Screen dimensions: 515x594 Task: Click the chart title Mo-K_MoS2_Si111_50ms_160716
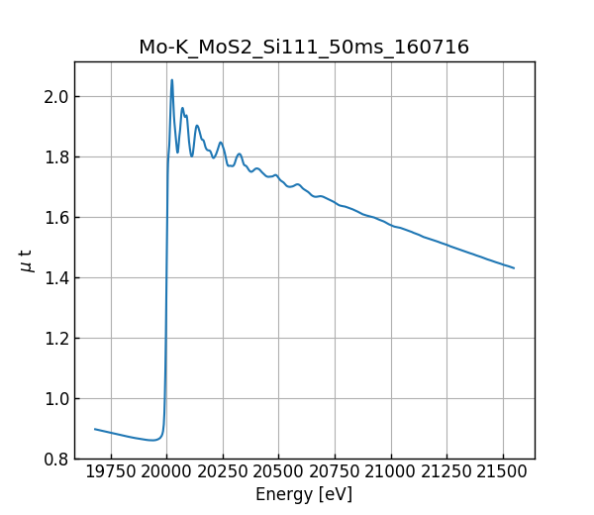pyautogui.click(x=304, y=47)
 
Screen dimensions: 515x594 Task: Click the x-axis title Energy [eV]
pyautogui.click(x=304, y=494)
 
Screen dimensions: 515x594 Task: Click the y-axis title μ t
pyautogui.click(x=27, y=260)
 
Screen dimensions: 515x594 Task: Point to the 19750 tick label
pyautogui.click(x=111, y=471)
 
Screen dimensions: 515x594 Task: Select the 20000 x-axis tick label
pyautogui.click(x=166, y=471)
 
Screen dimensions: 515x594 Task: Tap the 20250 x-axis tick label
pyautogui.click(x=223, y=471)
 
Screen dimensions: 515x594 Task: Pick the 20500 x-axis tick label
pyautogui.click(x=279, y=471)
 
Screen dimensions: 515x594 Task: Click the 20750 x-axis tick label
pyautogui.click(x=335, y=471)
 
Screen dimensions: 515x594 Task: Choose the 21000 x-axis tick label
pyautogui.click(x=391, y=471)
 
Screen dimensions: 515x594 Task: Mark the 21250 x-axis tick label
pyautogui.click(x=447, y=471)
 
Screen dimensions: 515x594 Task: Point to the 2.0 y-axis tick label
pyautogui.click(x=54, y=97)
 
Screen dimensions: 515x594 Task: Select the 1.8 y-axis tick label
pyautogui.click(x=54, y=157)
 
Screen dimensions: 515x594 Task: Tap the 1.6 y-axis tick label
pyautogui.click(x=54, y=218)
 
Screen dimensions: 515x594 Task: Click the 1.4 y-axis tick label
pyautogui.click(x=54, y=278)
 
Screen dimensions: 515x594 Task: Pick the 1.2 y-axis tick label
pyautogui.click(x=54, y=339)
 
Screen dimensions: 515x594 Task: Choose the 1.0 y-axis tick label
pyautogui.click(x=54, y=399)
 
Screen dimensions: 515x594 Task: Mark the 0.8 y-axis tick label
pyautogui.click(x=54, y=460)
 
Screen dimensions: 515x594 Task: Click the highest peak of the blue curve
pyautogui.click(x=171, y=80)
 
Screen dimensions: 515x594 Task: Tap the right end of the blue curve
pyautogui.click(x=514, y=268)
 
